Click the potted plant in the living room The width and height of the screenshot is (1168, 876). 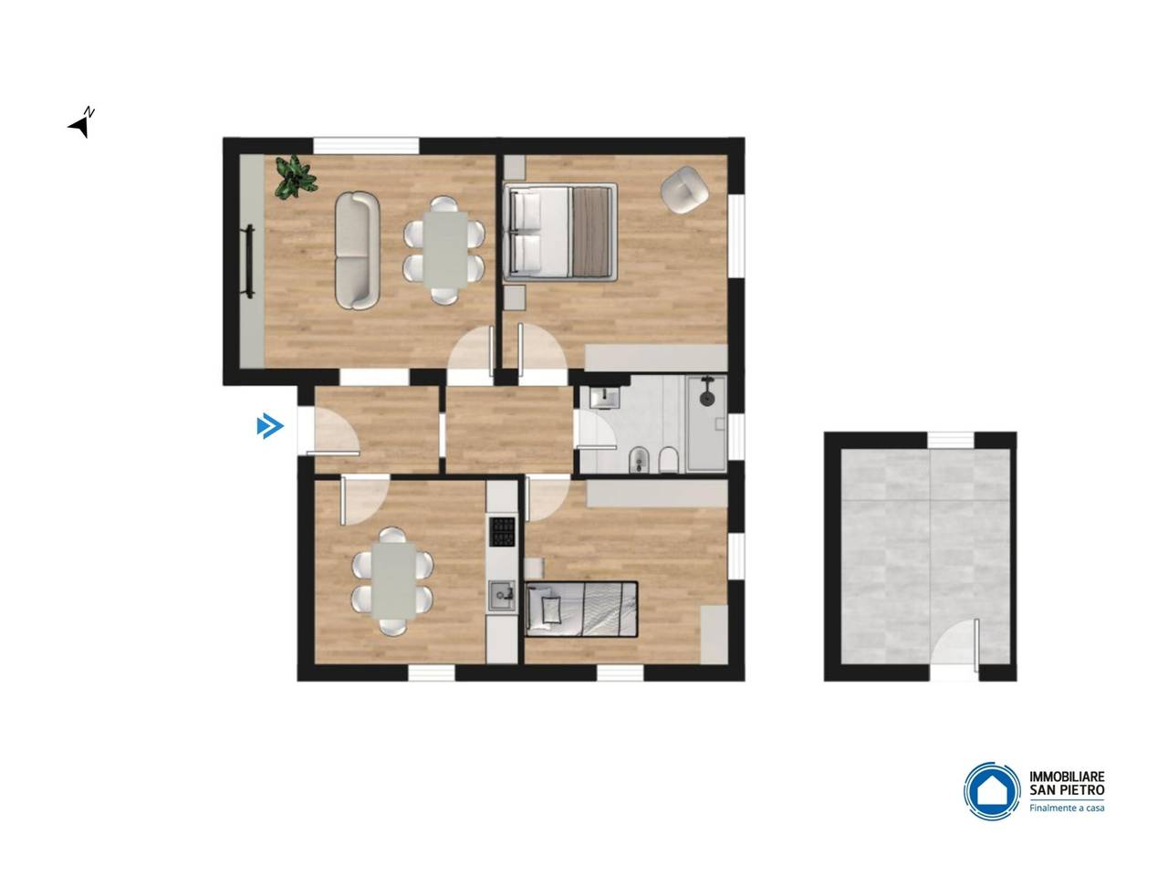[295, 177]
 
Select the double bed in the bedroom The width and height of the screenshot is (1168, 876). [559, 232]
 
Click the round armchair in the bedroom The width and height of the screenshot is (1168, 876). [684, 190]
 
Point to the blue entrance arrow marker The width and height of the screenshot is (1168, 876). [270, 426]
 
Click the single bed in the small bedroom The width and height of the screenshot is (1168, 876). [580, 609]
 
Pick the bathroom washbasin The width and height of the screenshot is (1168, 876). [605, 398]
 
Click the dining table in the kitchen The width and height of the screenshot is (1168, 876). [394, 581]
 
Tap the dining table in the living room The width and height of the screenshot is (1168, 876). [445, 250]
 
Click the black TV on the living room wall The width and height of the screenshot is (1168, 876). [249, 261]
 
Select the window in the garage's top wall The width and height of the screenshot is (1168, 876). [952, 440]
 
